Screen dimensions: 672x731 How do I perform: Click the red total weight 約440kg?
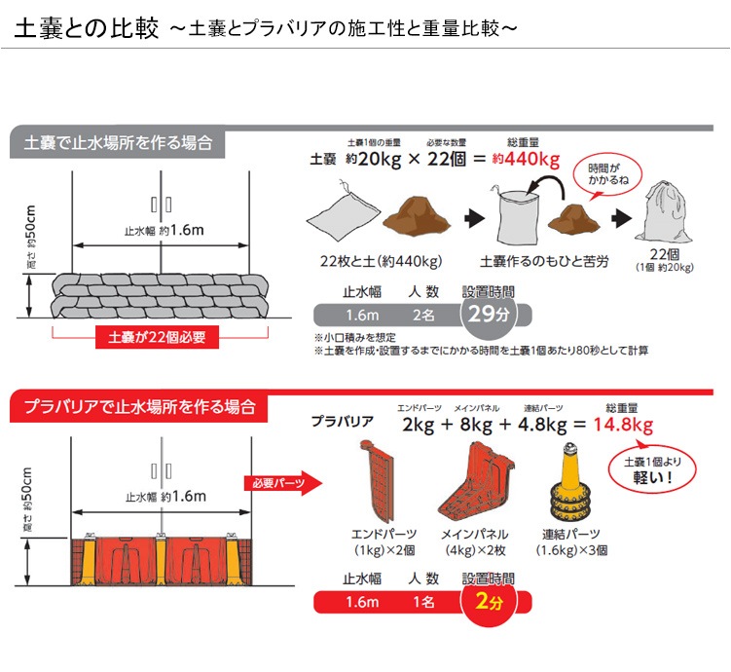click(526, 160)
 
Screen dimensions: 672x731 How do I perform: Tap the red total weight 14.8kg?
click(615, 425)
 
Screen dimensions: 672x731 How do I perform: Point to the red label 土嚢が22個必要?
click(157, 338)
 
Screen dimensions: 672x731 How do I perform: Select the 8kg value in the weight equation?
click(475, 425)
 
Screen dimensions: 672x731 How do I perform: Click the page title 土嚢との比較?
click(86, 27)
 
